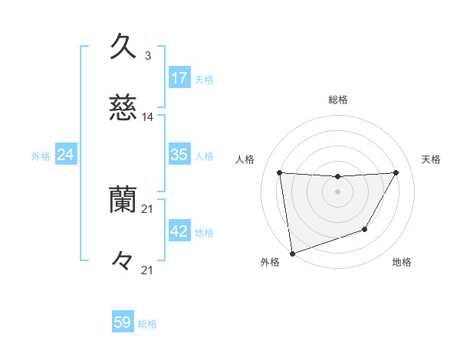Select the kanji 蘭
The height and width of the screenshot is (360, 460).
[x=123, y=200]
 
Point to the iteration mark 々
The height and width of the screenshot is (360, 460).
[x=123, y=261]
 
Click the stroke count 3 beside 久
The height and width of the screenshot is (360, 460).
[x=147, y=56]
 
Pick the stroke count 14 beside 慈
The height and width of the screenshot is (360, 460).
[x=147, y=117]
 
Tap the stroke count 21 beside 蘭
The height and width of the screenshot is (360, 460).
[x=147, y=208]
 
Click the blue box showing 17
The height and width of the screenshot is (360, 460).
[x=179, y=77]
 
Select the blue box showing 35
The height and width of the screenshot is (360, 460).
[x=179, y=154]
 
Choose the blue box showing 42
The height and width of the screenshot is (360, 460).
[x=179, y=231]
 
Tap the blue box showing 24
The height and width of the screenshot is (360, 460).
[x=66, y=155]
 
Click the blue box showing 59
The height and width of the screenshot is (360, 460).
[x=123, y=322]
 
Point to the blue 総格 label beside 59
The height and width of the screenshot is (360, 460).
[x=147, y=324]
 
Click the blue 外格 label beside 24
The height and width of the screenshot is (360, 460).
[x=41, y=156]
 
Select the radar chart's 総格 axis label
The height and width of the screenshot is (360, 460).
[x=337, y=100]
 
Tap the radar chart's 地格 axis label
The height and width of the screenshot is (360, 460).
[x=402, y=262]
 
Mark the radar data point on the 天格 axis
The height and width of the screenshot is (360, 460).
[x=396, y=172]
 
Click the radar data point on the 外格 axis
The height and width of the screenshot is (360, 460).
[x=292, y=253]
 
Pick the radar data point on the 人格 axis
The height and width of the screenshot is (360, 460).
[x=280, y=172]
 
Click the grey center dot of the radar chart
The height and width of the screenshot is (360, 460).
[x=337, y=191]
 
